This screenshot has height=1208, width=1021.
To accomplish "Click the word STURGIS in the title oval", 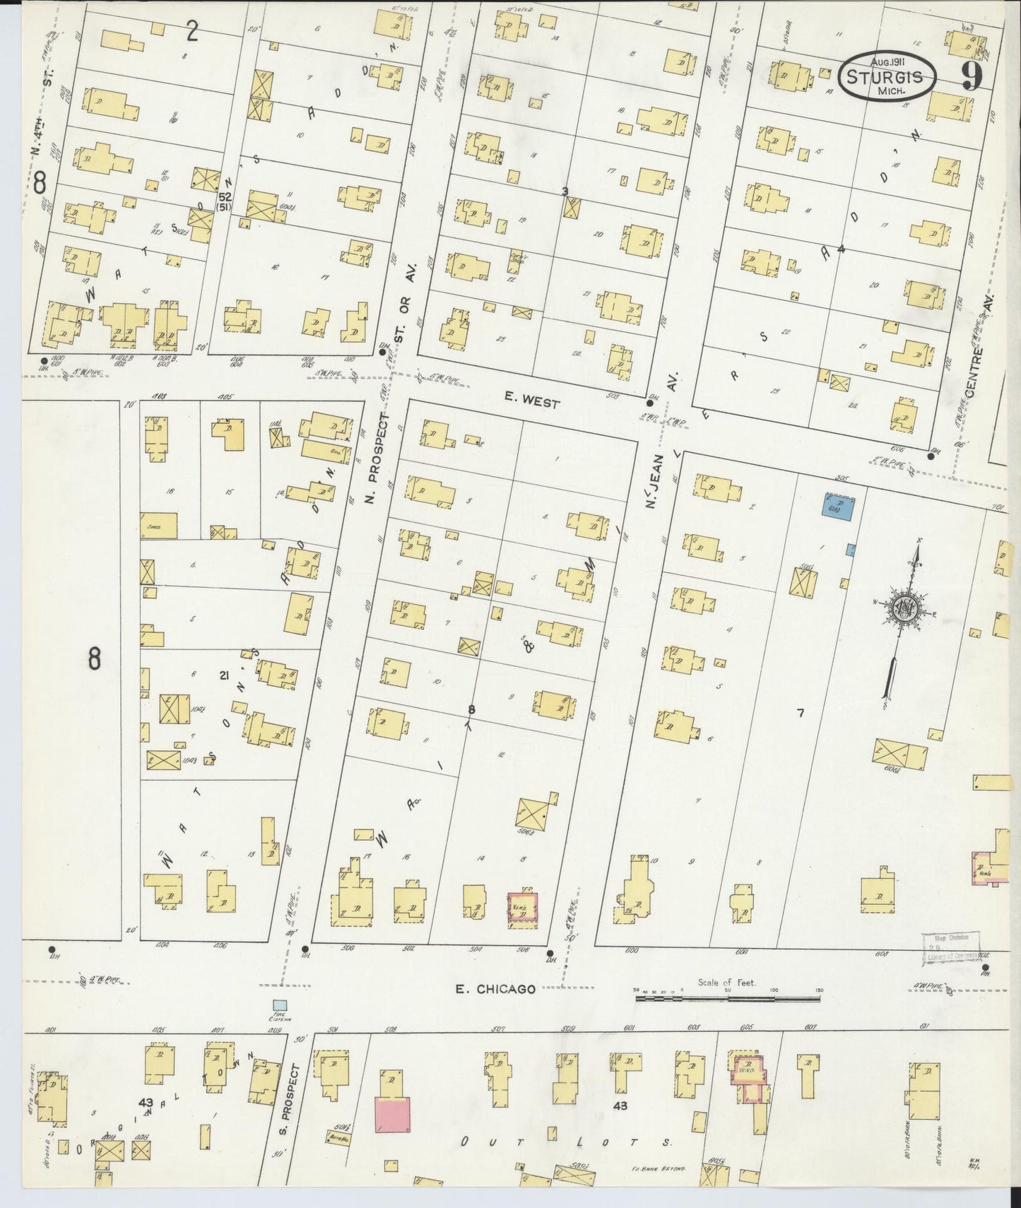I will click(x=886, y=76).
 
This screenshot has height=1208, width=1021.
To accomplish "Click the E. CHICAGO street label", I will click(x=495, y=989).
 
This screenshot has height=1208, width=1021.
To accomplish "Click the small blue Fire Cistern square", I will click(x=281, y=1004).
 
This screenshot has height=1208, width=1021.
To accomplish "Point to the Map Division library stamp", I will click(x=951, y=947).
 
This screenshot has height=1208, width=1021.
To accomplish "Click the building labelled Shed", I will click(x=159, y=524).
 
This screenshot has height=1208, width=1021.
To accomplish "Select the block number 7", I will click(x=800, y=713).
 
